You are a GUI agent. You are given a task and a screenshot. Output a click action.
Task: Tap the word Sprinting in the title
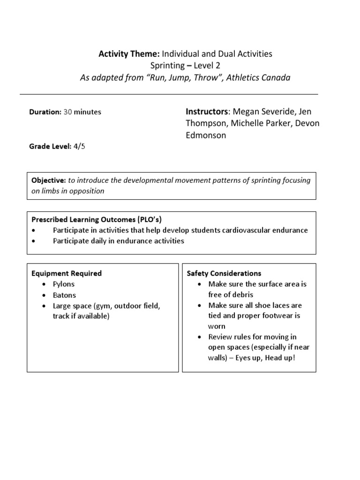click(167, 66)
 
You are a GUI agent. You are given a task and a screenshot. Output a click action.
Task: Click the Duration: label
click(45, 112)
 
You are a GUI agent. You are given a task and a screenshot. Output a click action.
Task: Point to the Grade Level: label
click(49, 146)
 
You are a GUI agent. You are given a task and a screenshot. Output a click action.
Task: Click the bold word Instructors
click(207, 112)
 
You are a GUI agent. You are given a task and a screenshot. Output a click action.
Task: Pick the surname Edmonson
click(206, 135)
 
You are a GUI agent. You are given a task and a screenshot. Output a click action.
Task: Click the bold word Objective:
click(48, 180)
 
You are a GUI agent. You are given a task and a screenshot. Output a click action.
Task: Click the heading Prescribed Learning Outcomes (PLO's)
click(97, 219)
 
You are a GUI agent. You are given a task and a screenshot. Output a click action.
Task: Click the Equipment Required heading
click(66, 273)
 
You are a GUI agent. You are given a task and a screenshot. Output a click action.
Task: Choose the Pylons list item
click(63, 284)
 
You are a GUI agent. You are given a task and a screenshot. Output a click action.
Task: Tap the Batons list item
click(64, 295)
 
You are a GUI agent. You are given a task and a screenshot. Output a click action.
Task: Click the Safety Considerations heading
click(224, 273)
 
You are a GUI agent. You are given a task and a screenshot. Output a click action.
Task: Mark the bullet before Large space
click(44, 306)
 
